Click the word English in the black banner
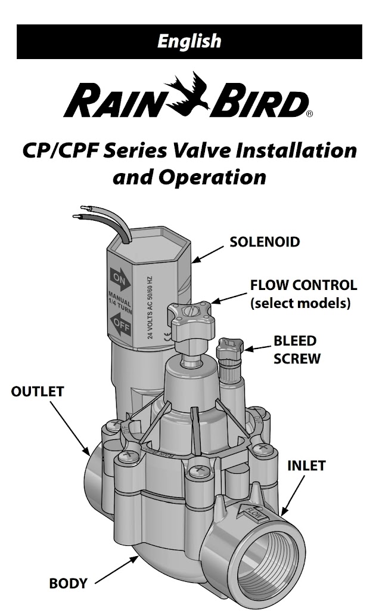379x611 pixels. coord(189,41)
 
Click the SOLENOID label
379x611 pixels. coord(265,242)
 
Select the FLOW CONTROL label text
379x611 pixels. coord(303,285)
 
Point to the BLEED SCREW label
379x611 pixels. coord(296,350)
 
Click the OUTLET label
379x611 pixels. coord(38,392)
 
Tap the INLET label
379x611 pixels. coord(307,465)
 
